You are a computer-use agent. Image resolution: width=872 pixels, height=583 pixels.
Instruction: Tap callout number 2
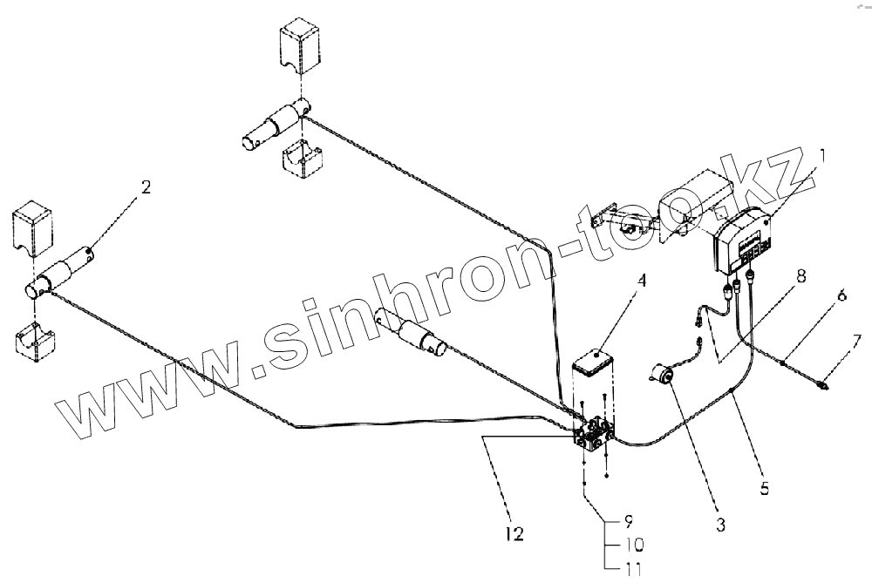click(x=145, y=187)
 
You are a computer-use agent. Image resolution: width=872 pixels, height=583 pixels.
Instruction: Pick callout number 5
click(x=764, y=489)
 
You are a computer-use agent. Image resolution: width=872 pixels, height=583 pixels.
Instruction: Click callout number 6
click(x=841, y=295)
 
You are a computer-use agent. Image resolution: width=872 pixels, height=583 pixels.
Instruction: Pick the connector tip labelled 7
click(x=823, y=383)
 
